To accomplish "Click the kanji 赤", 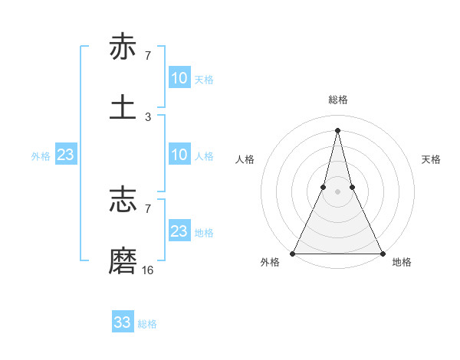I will pyautogui.click(x=123, y=47).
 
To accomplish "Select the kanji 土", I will pyautogui.click(x=123, y=106).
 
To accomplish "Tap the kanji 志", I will pyautogui.click(x=123, y=200).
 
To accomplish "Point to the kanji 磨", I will pyautogui.click(x=123, y=260).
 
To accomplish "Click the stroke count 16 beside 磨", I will pyautogui.click(x=148, y=270).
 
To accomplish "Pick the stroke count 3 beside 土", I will pyautogui.click(x=148, y=117).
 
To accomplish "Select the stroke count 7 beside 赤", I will pyautogui.click(x=148, y=56).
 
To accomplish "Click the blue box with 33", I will pyautogui.click(x=123, y=322).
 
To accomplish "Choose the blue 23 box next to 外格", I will pyautogui.click(x=66, y=155).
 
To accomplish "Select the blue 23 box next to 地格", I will pyautogui.click(x=179, y=231).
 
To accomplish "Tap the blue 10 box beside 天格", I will pyautogui.click(x=179, y=78).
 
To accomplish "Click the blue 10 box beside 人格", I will pyautogui.click(x=179, y=155).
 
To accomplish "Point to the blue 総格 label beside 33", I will pyautogui.click(x=147, y=324).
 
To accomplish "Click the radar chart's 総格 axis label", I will pyautogui.click(x=338, y=100).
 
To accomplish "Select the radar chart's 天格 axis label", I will pyautogui.click(x=432, y=159).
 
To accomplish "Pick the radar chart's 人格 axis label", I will pyautogui.click(x=245, y=159).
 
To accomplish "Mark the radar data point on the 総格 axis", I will pyautogui.click(x=338, y=129).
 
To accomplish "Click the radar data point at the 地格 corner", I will pyautogui.click(x=382, y=253).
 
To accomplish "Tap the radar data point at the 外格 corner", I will pyautogui.click(x=294, y=253).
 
